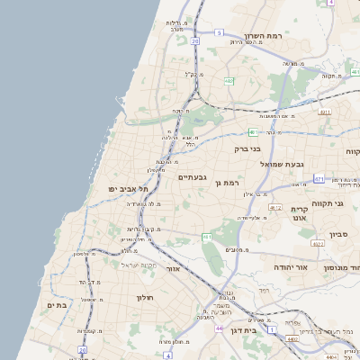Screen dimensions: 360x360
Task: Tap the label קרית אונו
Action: [x=299, y=212]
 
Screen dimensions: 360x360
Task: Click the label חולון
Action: [x=146, y=297]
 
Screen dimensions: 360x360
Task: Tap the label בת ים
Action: [x=57, y=305]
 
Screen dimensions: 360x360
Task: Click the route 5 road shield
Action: [x=218, y=32]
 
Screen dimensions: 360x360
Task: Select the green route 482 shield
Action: [x=229, y=81]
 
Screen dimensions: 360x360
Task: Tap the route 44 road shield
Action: [x=219, y=328]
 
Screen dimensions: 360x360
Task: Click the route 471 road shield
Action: [x=319, y=178]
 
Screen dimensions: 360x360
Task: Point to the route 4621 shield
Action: [x=317, y=242]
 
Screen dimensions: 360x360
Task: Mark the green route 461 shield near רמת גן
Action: [x=207, y=238]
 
